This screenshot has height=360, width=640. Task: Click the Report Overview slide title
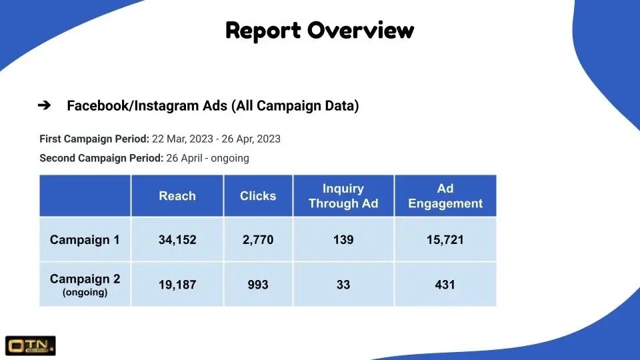point(319,30)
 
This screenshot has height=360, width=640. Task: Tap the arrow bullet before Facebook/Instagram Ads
point(45,105)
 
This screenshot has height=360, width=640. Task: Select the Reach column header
point(177,196)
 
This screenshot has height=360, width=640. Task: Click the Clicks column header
point(258,196)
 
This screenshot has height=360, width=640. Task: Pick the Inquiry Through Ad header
point(343,196)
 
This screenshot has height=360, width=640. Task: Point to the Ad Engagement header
point(445,196)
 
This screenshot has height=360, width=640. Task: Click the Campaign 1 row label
point(85,239)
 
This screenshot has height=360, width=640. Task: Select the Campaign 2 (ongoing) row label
point(85,285)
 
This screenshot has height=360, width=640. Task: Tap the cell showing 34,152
point(177,239)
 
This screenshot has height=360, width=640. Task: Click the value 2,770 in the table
point(258,239)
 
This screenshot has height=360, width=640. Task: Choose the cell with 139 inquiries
point(343,239)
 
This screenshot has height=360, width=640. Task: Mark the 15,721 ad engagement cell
point(445,239)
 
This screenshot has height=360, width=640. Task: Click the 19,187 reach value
point(177,285)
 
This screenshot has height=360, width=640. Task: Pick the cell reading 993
point(258,285)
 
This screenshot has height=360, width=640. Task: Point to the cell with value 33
point(343,285)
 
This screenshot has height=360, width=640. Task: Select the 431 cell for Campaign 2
point(445,285)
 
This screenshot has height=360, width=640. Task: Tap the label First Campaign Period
point(94,139)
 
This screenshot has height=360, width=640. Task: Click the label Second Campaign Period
point(101,159)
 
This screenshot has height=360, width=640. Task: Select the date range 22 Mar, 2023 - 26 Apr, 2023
point(216,139)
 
